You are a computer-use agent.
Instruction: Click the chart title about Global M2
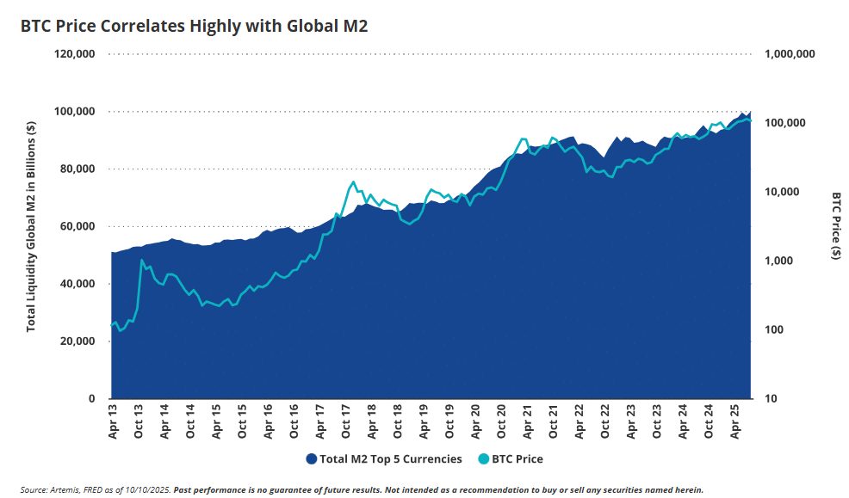click(194, 27)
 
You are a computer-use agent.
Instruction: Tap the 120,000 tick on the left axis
click(75, 54)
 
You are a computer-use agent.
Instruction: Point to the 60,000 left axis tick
click(77, 226)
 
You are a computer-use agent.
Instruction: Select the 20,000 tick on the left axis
click(77, 341)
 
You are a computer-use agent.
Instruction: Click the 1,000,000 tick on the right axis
click(790, 54)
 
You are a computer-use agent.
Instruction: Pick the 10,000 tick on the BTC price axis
click(784, 192)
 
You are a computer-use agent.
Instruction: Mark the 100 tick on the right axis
click(775, 330)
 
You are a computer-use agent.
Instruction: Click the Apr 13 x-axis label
click(113, 422)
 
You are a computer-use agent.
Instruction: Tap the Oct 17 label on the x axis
click(347, 422)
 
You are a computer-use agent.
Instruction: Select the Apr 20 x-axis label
click(477, 422)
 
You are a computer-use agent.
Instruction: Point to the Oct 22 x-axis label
click(607, 422)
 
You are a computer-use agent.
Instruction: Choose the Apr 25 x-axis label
click(737, 422)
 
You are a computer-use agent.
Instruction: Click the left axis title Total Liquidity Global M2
click(32, 226)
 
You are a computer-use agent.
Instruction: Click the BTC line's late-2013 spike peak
click(142, 260)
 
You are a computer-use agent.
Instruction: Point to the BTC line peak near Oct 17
click(353, 181)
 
